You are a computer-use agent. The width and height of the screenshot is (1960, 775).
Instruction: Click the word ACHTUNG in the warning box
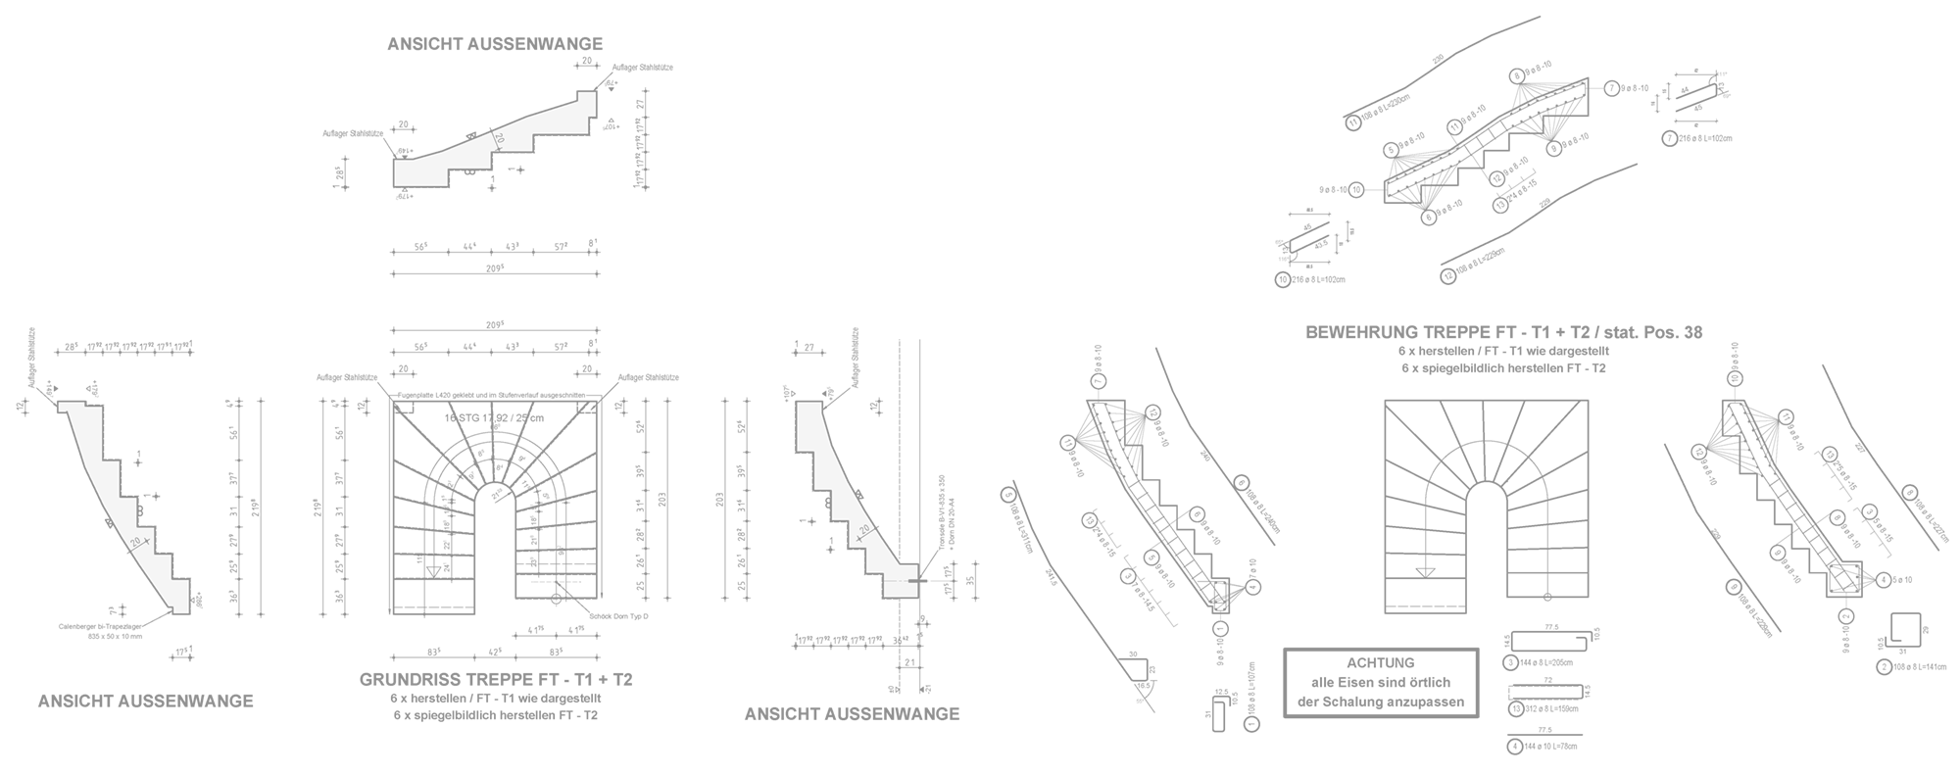(1380, 663)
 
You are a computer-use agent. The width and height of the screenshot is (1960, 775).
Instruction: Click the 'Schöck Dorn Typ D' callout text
(619, 616)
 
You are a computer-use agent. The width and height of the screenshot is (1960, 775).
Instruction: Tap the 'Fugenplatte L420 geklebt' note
(491, 395)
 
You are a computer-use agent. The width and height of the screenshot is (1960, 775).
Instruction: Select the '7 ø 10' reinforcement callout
(1244, 564)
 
